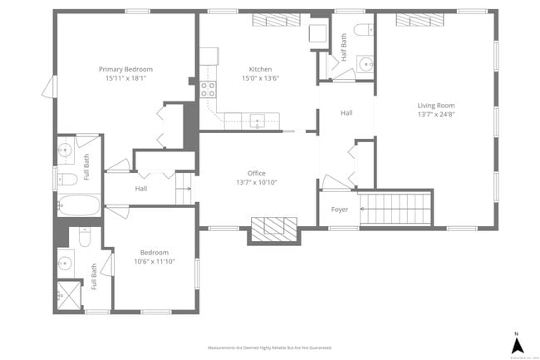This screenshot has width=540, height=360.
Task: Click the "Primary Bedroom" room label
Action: [x=125, y=69]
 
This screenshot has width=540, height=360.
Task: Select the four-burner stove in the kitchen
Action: [x=208, y=89]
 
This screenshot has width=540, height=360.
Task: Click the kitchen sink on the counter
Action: [x=258, y=121]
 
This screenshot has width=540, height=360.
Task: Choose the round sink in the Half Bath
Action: [x=365, y=63]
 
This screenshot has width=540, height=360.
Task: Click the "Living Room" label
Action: [x=436, y=106]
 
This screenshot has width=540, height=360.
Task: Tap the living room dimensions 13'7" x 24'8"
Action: [x=436, y=116]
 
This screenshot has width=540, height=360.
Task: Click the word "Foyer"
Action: [x=340, y=210]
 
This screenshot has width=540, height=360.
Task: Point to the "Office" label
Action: [x=256, y=173]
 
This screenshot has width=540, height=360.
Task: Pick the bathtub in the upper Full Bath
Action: [x=78, y=205]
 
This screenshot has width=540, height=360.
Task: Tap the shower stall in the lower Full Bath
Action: [x=66, y=293]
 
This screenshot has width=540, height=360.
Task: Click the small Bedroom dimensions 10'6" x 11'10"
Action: [x=154, y=262]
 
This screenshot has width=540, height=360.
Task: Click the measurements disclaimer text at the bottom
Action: [x=270, y=348]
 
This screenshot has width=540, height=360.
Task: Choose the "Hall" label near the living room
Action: [x=346, y=112]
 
